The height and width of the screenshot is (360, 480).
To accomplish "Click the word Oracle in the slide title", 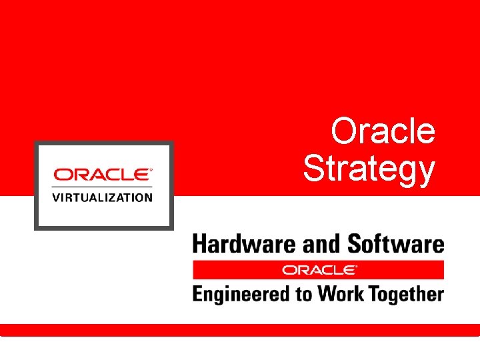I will [383, 131].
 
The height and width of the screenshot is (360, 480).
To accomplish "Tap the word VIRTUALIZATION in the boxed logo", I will [103, 197].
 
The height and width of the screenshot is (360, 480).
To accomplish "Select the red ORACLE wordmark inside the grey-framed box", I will [101, 175].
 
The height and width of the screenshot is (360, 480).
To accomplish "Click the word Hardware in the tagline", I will [245, 244].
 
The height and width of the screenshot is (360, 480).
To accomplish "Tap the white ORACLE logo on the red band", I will [318, 270].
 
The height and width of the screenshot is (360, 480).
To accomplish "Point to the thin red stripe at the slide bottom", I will [240, 330].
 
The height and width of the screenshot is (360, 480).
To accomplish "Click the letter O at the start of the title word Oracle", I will [345, 131].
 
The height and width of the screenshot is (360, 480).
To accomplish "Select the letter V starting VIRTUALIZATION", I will [56, 197].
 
